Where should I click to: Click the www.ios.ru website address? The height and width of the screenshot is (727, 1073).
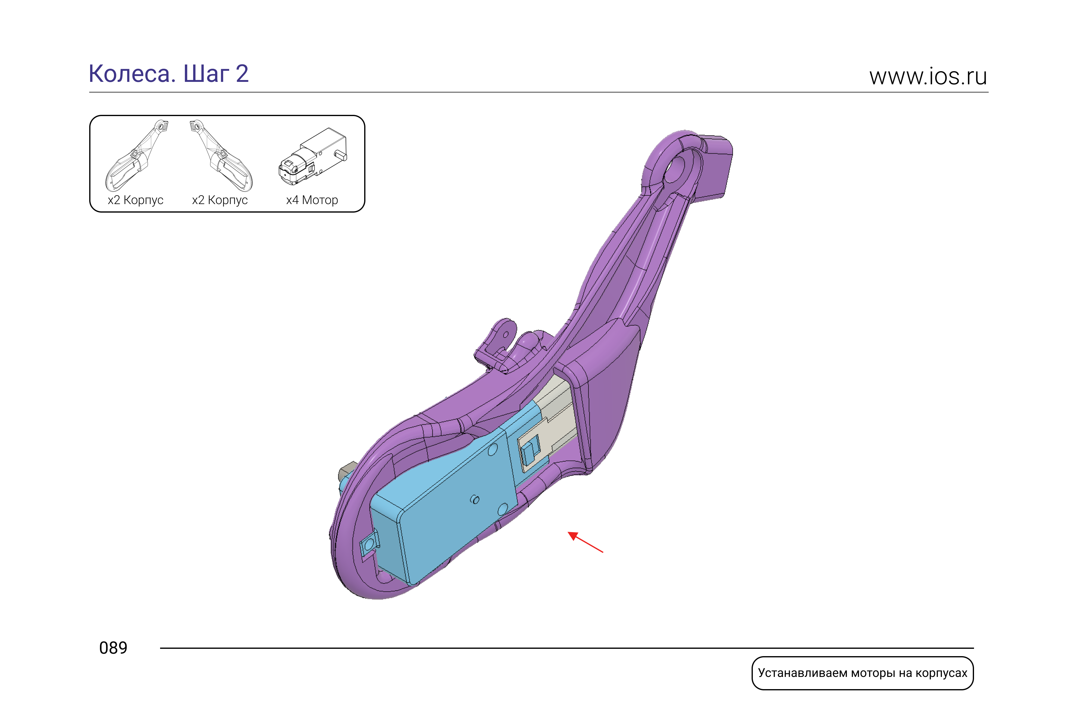(x=928, y=77)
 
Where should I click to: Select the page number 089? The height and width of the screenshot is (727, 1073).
(x=113, y=648)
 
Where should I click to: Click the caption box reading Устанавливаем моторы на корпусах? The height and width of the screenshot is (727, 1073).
(x=862, y=673)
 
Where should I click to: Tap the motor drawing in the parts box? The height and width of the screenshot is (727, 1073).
(x=313, y=156)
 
